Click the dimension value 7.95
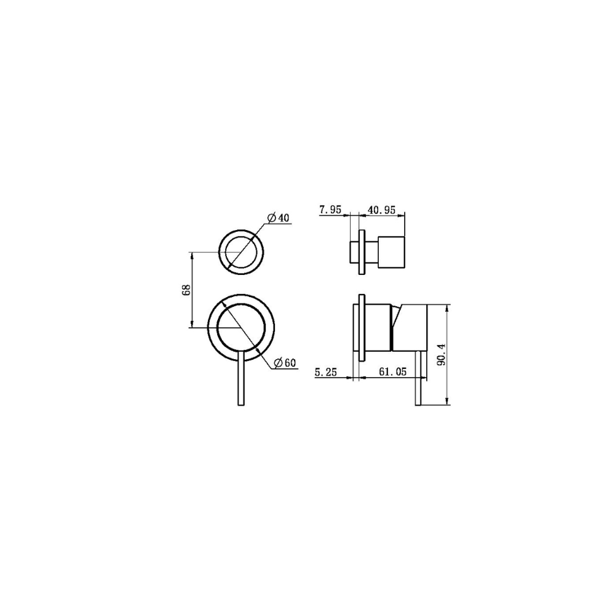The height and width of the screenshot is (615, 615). [330, 210]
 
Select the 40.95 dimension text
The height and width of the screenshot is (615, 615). [381, 210]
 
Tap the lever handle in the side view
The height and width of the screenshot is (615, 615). [419, 378]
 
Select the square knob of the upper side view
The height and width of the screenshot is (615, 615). [391, 252]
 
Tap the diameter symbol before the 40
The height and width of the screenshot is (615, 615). [271, 218]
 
